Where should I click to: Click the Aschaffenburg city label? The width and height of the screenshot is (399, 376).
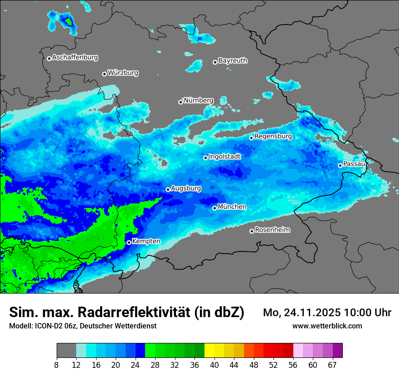[x=75, y=58]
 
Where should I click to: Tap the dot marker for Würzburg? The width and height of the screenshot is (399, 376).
[x=104, y=74]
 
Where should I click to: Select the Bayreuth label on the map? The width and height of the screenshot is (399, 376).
[x=233, y=60]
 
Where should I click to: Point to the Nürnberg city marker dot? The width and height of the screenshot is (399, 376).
[x=180, y=102]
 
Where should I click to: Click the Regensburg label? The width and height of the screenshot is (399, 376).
[x=273, y=136]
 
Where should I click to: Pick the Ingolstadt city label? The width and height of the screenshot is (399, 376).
[x=224, y=156]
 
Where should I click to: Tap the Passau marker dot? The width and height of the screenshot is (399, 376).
[x=340, y=165]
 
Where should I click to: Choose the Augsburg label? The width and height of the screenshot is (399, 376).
[x=186, y=188]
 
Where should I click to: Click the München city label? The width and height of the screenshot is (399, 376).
[x=232, y=207]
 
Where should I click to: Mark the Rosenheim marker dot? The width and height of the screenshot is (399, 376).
[x=252, y=231]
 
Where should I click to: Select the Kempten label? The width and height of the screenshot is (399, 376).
[x=146, y=241]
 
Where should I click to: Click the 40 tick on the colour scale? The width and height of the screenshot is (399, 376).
[x=214, y=365]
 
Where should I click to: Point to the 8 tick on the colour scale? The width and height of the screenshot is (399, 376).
[x=57, y=365]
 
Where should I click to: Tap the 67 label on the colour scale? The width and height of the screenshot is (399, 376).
[x=332, y=365]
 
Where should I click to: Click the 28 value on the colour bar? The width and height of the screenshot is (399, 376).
[x=155, y=365]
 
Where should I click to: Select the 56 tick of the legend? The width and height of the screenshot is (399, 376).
[x=293, y=365]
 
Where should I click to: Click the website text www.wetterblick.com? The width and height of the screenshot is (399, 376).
[x=327, y=326]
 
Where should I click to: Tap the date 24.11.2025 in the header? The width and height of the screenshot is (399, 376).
[x=312, y=313]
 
